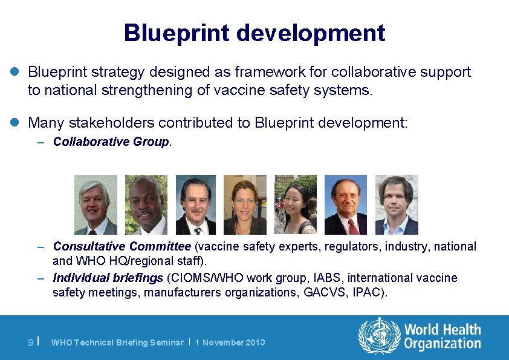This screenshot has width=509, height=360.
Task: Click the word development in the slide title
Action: (x=311, y=33)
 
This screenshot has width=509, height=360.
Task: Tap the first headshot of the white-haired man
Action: (x=96, y=205)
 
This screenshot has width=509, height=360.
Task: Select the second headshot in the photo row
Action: (x=146, y=205)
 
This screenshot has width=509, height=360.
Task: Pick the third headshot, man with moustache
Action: (x=196, y=205)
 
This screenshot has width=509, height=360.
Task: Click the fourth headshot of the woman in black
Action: (x=245, y=205)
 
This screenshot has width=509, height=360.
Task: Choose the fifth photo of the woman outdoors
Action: (x=296, y=205)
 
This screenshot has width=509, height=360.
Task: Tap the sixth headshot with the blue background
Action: (x=346, y=205)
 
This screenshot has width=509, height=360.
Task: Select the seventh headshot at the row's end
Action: (x=397, y=205)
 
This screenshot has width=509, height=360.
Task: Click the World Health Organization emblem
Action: (x=379, y=336)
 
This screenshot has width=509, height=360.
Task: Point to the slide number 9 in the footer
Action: (x=31, y=342)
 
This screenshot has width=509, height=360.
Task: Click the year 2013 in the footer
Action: (x=254, y=342)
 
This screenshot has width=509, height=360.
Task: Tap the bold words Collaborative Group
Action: (x=111, y=142)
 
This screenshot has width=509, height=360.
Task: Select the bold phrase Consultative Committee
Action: (x=122, y=246)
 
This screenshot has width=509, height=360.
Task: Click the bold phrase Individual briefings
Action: (x=108, y=278)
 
